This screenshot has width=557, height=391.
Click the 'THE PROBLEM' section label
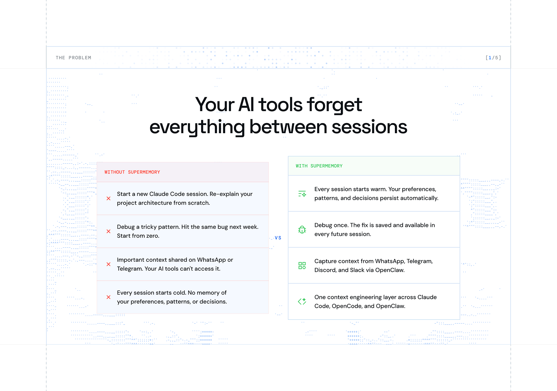point(73,58)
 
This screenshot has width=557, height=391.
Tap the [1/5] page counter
point(493,58)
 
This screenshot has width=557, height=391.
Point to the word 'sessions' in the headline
point(369,127)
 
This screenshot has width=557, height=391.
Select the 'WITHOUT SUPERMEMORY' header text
point(132,172)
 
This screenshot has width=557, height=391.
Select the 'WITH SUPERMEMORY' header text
point(319,166)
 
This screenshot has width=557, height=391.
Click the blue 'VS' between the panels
point(278,238)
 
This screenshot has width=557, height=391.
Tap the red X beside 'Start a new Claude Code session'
point(108,198)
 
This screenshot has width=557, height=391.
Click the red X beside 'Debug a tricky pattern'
point(108,231)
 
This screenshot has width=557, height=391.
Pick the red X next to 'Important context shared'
point(108,264)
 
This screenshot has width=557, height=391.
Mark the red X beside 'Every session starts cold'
point(108,297)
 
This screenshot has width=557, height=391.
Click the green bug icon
point(302,230)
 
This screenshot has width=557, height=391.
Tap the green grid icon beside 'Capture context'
point(302,265)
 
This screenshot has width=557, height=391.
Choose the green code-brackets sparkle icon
point(302,302)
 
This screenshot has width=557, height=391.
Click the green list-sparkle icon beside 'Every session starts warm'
point(302,194)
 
